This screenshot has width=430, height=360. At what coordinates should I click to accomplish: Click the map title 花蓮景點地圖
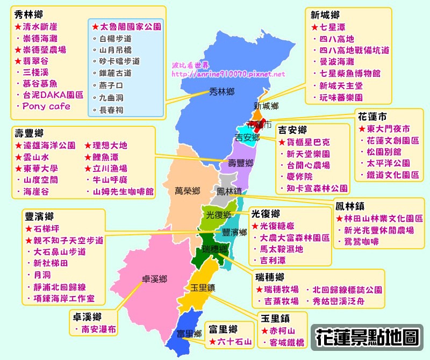(x=367, y=337)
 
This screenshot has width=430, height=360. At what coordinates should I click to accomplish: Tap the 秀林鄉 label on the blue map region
(x=223, y=92)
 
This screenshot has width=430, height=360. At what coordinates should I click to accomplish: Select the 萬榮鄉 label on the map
(x=187, y=191)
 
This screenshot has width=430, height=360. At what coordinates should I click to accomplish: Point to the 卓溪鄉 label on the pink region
(x=154, y=279)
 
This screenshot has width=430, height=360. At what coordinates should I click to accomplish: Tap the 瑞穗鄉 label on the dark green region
(x=214, y=250)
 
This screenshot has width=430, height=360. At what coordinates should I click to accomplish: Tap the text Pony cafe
(x=46, y=106)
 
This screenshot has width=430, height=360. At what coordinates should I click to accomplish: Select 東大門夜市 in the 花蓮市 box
(x=388, y=129)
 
